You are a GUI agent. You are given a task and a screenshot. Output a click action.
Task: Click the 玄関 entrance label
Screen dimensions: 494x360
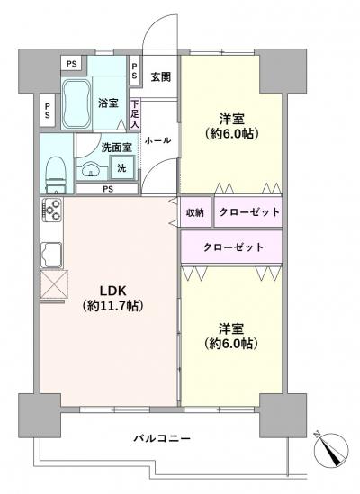[x=160, y=77]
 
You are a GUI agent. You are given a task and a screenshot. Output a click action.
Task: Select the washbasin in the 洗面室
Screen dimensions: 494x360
[x=90, y=171]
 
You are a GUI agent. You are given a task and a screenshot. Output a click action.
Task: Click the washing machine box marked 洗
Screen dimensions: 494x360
[x=121, y=168]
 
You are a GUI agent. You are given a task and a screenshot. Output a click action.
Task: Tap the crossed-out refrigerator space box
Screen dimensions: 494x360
[x=52, y=286]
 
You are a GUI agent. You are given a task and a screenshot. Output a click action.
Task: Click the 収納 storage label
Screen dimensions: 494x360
[x=195, y=212]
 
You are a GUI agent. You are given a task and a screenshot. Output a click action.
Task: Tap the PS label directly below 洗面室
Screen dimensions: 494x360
[x=107, y=189]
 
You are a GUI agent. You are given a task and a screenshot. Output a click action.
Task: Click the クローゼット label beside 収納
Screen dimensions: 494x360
[x=248, y=212]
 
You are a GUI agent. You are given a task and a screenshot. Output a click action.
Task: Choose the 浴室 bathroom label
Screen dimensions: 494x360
[x=108, y=103]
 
